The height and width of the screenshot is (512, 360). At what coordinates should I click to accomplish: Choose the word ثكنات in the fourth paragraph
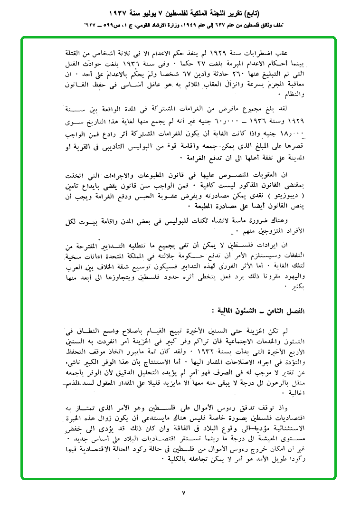point(224,220)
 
